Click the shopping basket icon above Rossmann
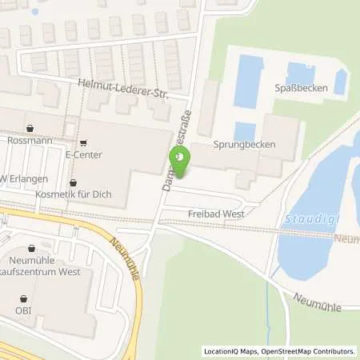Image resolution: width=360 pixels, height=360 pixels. click(31, 127)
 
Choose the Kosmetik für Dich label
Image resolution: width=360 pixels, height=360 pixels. click(75, 194)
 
